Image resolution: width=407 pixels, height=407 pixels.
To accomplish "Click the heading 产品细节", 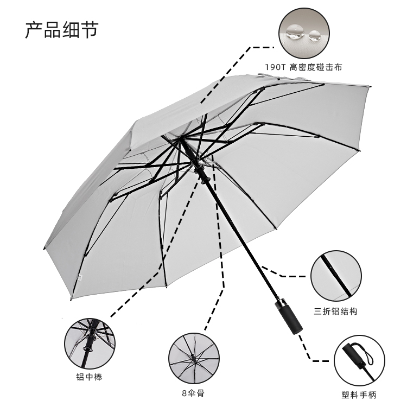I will (61, 29).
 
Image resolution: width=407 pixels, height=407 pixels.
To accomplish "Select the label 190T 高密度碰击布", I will (303, 67).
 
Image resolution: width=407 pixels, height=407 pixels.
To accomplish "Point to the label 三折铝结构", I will (336, 311).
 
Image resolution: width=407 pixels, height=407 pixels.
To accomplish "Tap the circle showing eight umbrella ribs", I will (194, 358).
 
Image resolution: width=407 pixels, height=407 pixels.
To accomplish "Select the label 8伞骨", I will (194, 392).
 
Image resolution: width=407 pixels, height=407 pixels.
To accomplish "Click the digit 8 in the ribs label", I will (184, 392).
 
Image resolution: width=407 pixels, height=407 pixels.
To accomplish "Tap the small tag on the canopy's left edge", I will (79, 278).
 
